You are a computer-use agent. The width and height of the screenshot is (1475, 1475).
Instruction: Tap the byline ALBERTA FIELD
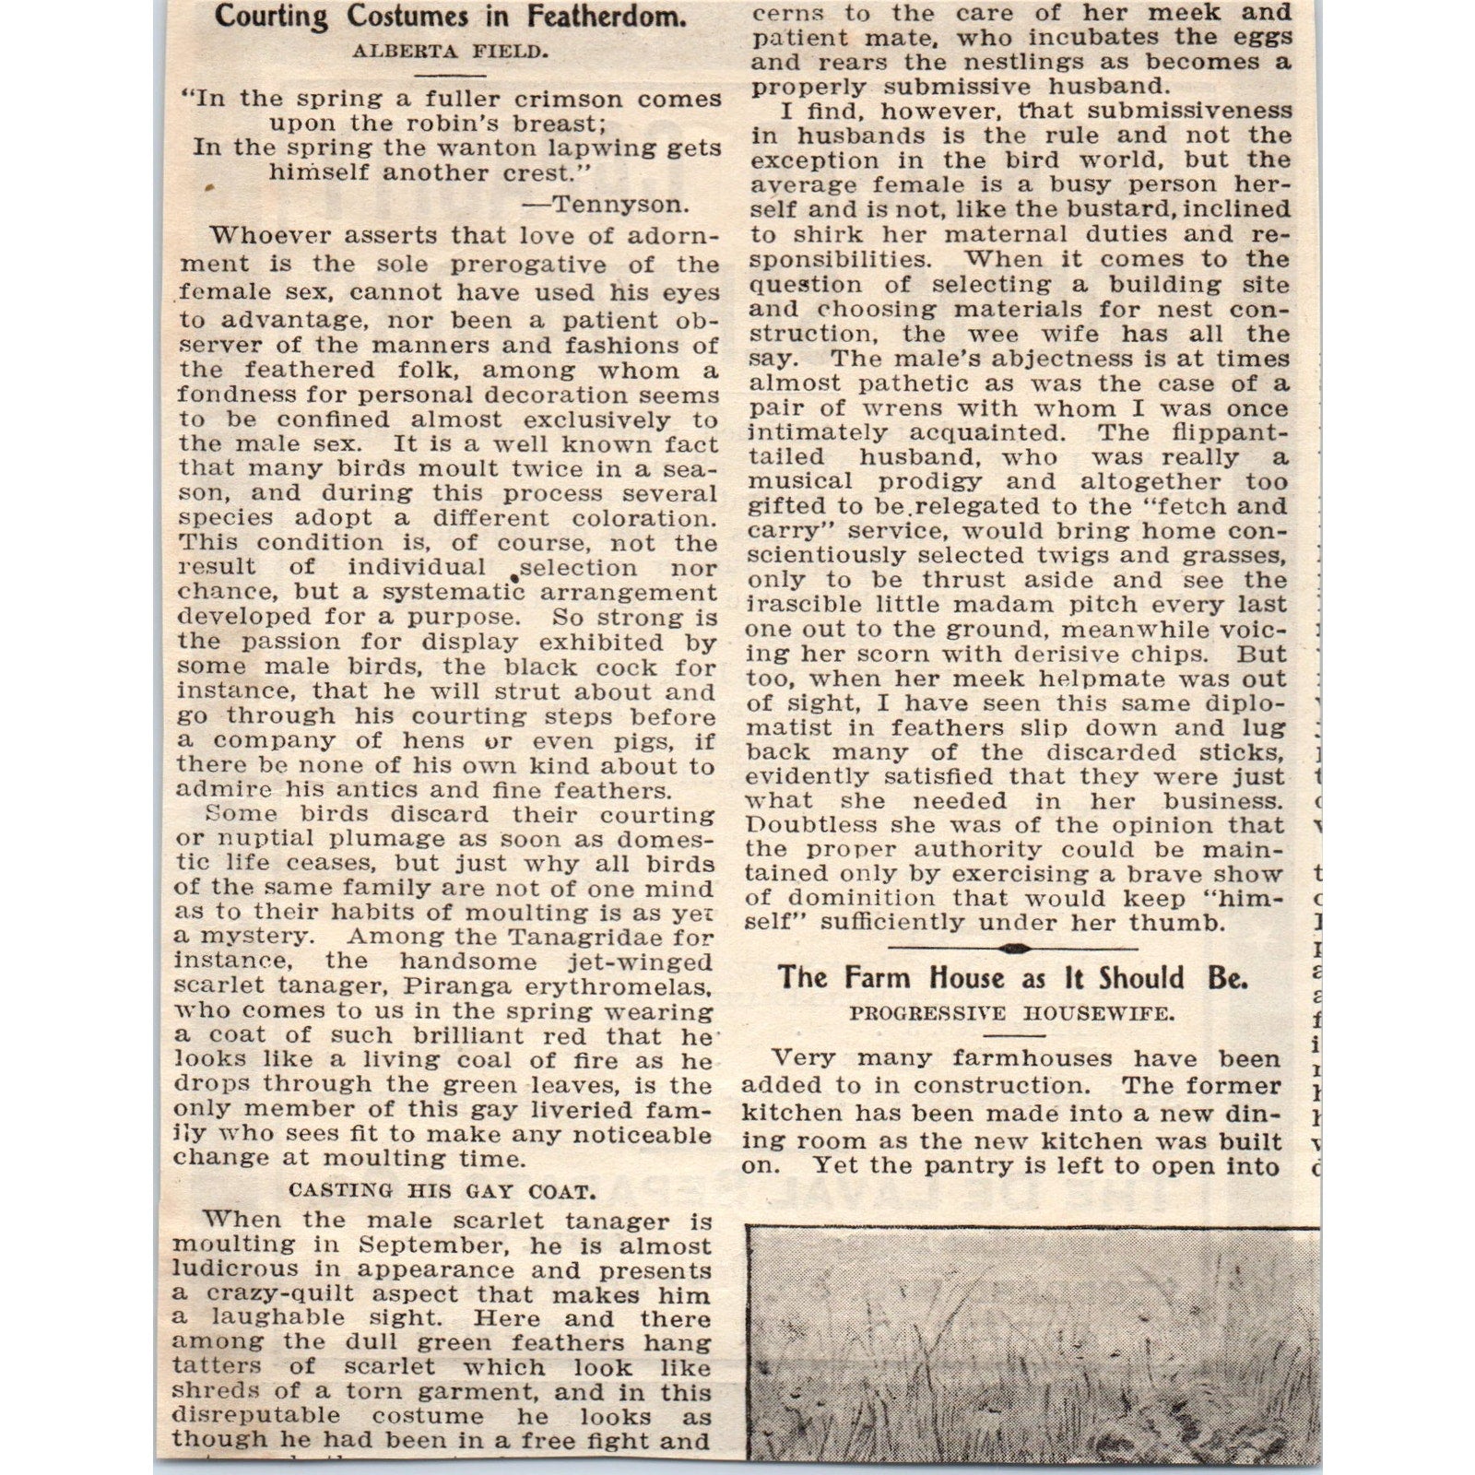pos(451,53)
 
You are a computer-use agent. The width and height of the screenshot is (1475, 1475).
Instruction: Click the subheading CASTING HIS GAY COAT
pos(442,1190)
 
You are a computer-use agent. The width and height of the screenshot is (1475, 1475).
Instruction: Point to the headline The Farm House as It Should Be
pos(1012,978)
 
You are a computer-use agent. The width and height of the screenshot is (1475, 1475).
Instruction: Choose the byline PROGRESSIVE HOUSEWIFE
pos(1011,1014)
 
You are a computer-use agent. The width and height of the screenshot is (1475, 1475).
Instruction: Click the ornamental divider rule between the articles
pos(1012,949)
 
